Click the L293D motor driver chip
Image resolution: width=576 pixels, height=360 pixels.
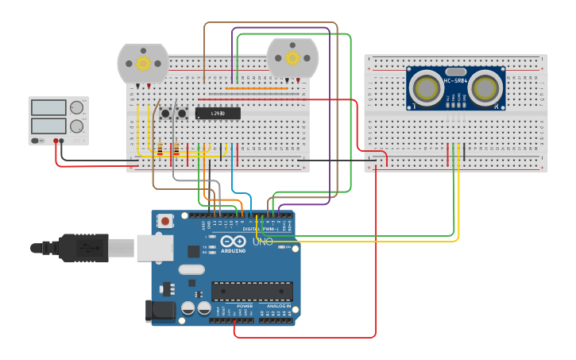click(218, 114)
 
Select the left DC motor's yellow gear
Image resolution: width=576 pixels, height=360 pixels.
click(143, 63)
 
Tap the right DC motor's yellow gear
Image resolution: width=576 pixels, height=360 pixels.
click(292, 57)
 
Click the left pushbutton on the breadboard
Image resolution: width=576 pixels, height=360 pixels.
click(166, 114)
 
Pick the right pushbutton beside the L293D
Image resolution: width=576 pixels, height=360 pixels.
click(182, 114)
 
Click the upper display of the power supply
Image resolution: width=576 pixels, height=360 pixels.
click(48, 108)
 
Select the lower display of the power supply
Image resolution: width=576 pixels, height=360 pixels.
click(48, 126)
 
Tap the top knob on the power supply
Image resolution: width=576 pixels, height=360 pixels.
click(76, 108)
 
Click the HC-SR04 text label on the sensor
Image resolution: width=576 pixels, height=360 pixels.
click(455, 80)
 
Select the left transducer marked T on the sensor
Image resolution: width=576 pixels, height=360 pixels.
click(427, 88)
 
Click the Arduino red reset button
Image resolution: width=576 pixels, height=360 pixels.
click(165, 221)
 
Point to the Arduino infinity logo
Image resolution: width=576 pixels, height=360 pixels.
click(234, 241)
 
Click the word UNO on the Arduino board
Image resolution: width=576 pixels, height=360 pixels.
click(262, 241)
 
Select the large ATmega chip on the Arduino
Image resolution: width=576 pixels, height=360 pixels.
click(252, 291)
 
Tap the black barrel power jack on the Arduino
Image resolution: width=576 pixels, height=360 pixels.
click(160, 311)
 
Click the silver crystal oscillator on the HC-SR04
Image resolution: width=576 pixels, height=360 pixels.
click(455, 70)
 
